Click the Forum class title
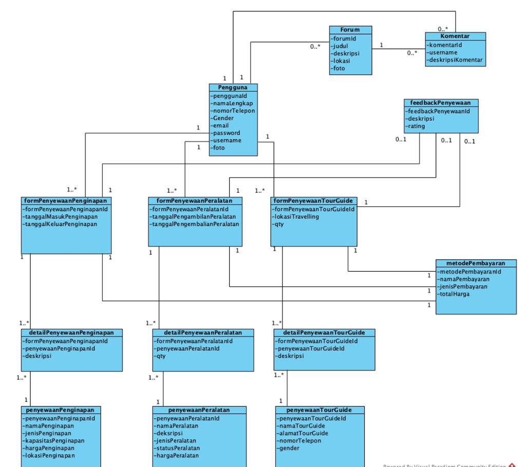[350, 30]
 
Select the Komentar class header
[455, 36]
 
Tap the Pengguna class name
[233, 88]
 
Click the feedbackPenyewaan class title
[441, 103]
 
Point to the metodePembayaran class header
[476, 263]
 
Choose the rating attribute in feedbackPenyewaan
[417, 126]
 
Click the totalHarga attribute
[454, 294]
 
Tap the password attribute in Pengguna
[227, 133]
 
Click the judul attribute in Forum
[340, 46]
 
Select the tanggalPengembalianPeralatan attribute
[195, 224]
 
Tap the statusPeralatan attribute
[178, 448]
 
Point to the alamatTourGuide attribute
[303, 433]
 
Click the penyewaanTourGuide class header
[319, 410]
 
